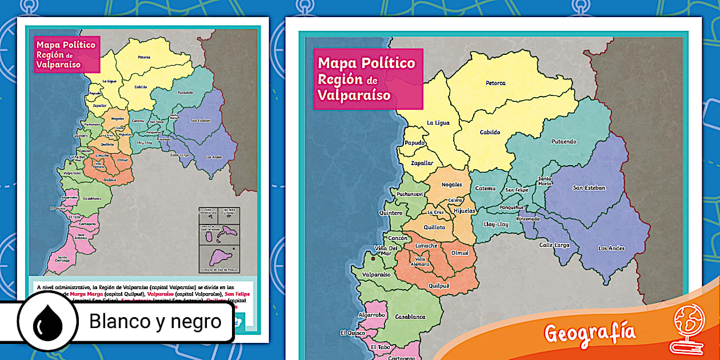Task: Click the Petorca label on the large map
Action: coord(495,83)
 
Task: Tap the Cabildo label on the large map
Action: coord(490,132)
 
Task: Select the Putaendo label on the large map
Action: coord(563,142)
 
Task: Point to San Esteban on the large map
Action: coord(589,187)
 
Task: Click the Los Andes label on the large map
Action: coord(611,248)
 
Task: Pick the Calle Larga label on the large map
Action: coord(554,245)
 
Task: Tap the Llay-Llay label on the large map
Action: coord(495,224)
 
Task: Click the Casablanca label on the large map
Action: coord(410,316)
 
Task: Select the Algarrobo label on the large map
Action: coord(371,315)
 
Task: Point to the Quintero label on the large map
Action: coord(390,213)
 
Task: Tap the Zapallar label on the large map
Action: coord(422,163)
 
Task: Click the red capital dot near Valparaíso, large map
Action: coord(373,259)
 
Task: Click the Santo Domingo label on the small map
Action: coord(63,258)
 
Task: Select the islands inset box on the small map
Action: coord(219,239)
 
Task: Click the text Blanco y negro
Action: coord(155,322)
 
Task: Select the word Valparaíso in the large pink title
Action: coord(354,95)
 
